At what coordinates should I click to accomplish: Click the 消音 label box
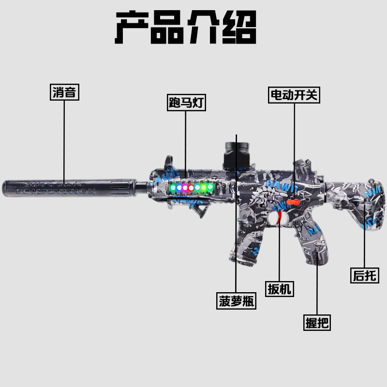[64, 92]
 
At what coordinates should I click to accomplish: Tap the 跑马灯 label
[185, 102]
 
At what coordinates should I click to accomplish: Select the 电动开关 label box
[294, 94]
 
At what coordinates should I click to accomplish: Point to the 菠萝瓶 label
[237, 301]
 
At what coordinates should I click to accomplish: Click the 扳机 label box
[280, 289]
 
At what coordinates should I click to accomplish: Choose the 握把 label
[317, 323]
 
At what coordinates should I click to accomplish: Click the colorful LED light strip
[191, 187]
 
